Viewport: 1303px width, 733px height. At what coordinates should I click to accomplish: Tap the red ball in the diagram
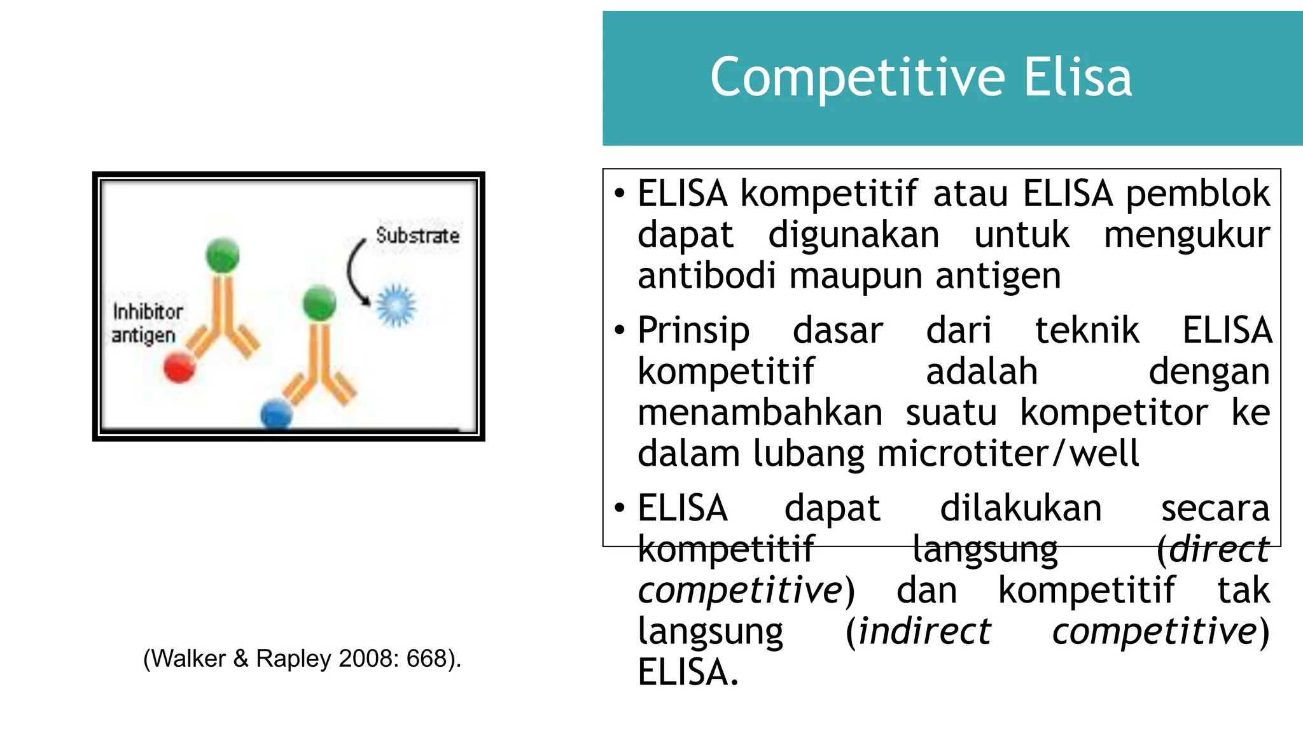pos(179,367)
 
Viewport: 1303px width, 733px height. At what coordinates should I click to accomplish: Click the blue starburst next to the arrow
pos(396,305)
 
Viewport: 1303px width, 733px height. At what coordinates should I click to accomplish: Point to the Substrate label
pos(417,235)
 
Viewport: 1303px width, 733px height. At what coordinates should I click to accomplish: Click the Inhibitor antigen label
pos(146,323)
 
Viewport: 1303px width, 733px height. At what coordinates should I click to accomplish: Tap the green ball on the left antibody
pos(223,255)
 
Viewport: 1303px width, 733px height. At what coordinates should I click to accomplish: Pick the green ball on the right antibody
pos(319,303)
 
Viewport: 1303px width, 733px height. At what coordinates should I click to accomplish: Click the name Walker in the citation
pos(189,659)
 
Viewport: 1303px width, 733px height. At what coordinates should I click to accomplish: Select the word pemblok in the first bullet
pos(1197,194)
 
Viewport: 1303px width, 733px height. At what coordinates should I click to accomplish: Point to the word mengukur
pos(1187,235)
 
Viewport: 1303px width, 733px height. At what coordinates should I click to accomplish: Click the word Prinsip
pos(693,331)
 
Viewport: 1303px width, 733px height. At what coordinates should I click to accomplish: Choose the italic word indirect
pos(924,632)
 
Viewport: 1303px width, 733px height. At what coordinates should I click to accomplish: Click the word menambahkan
pos(760,413)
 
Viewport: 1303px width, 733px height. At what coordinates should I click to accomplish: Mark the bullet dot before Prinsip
pos(620,330)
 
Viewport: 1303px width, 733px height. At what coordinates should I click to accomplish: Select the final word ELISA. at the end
pos(688,673)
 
